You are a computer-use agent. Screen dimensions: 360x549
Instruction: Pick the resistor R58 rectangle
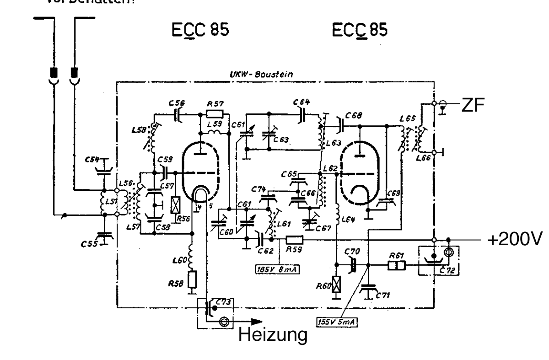(193, 279)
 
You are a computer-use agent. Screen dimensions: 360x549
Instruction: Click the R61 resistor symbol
(397, 265)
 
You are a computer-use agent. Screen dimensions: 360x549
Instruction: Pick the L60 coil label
(178, 262)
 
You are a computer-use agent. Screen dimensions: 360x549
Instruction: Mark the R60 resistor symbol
(337, 286)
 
